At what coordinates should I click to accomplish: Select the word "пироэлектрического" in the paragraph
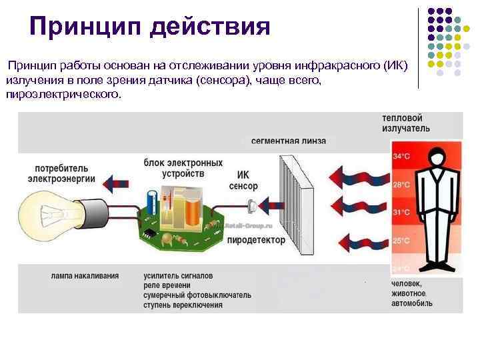[64, 94]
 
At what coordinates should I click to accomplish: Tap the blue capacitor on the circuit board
[153, 199]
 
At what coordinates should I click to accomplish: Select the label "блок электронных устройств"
[183, 167]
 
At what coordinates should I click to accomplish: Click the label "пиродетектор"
[255, 239]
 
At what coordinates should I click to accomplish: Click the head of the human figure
[436, 156]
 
